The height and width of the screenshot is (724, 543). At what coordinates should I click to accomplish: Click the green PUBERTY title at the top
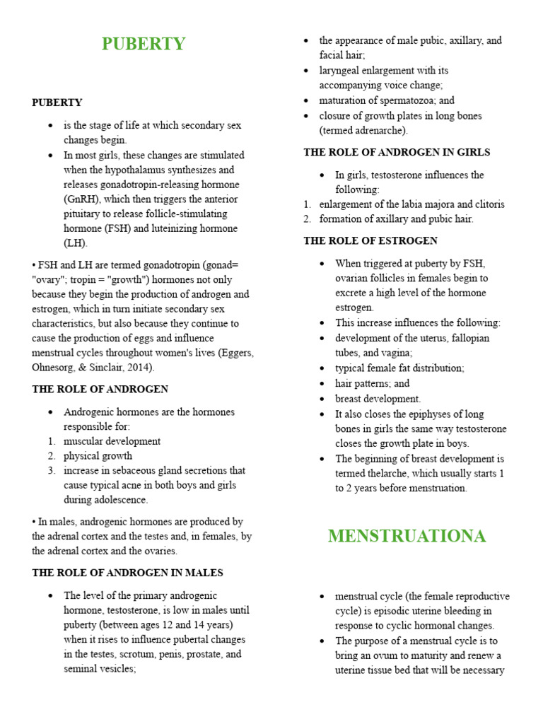coord(144,44)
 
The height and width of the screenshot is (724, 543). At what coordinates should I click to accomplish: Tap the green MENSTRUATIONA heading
coord(407,536)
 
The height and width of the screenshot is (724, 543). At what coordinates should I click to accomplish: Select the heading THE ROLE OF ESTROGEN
coord(370,241)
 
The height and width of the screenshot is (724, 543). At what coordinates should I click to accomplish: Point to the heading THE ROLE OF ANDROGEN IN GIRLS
coord(397,152)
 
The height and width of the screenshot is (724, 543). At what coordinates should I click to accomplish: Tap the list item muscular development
coord(112,441)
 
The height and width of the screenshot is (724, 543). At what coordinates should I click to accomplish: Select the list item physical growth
coord(98,456)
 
